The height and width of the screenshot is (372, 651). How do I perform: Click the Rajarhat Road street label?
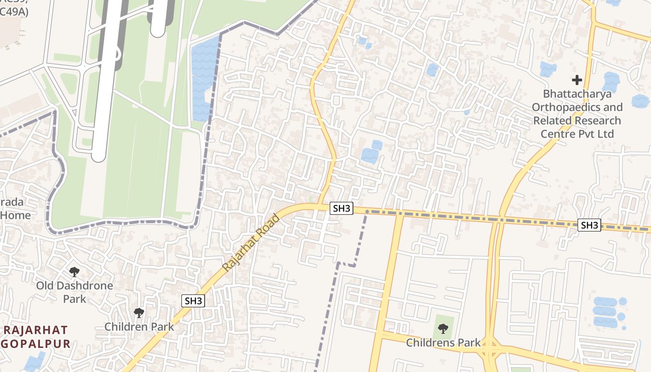pyautogui.click(x=252, y=243)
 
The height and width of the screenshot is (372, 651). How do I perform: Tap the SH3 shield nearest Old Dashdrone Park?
pyautogui.click(x=193, y=301)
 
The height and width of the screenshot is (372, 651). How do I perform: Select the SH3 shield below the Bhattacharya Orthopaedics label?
pyautogui.click(x=589, y=226)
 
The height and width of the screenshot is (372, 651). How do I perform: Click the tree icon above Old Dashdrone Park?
pyautogui.click(x=74, y=272)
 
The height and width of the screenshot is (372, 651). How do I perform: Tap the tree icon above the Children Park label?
pyautogui.click(x=139, y=313)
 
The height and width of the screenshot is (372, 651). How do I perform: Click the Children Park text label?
pyautogui.click(x=139, y=326)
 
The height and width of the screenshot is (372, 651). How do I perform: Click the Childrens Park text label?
pyautogui.click(x=443, y=343)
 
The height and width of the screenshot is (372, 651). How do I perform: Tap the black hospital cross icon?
pyautogui.click(x=577, y=80)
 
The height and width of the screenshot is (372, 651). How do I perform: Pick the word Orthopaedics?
pyautogui.click(x=577, y=107)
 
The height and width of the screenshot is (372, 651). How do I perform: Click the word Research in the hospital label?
pyautogui.click(x=598, y=120)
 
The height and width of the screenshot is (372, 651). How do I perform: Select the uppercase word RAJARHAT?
pyautogui.click(x=36, y=331)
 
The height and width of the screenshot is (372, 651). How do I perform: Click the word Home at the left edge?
pyautogui.click(x=15, y=215)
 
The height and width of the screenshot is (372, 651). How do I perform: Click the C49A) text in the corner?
pyautogui.click(x=14, y=12)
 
